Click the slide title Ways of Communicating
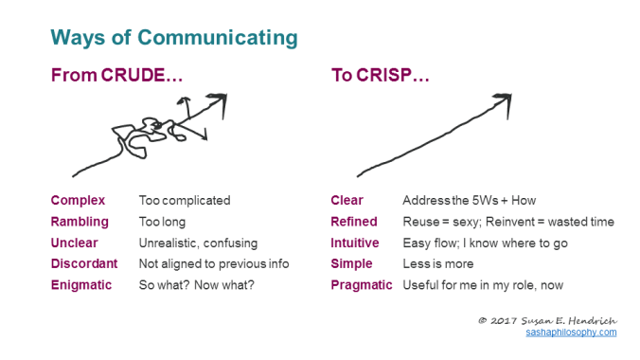tap(173, 38)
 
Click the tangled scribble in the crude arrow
tap(142, 133)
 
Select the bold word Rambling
tap(80, 222)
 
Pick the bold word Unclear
tap(75, 243)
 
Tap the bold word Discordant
tap(84, 263)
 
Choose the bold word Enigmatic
tap(81, 284)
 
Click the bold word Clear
tap(347, 201)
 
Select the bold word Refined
tap(353, 222)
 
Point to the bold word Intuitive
tap(356, 243)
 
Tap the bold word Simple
tap(351, 263)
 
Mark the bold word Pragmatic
tap(361, 284)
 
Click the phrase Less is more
tap(438, 263)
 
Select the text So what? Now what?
tap(196, 284)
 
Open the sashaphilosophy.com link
tap(571, 333)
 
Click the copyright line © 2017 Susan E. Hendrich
tap(547, 320)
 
